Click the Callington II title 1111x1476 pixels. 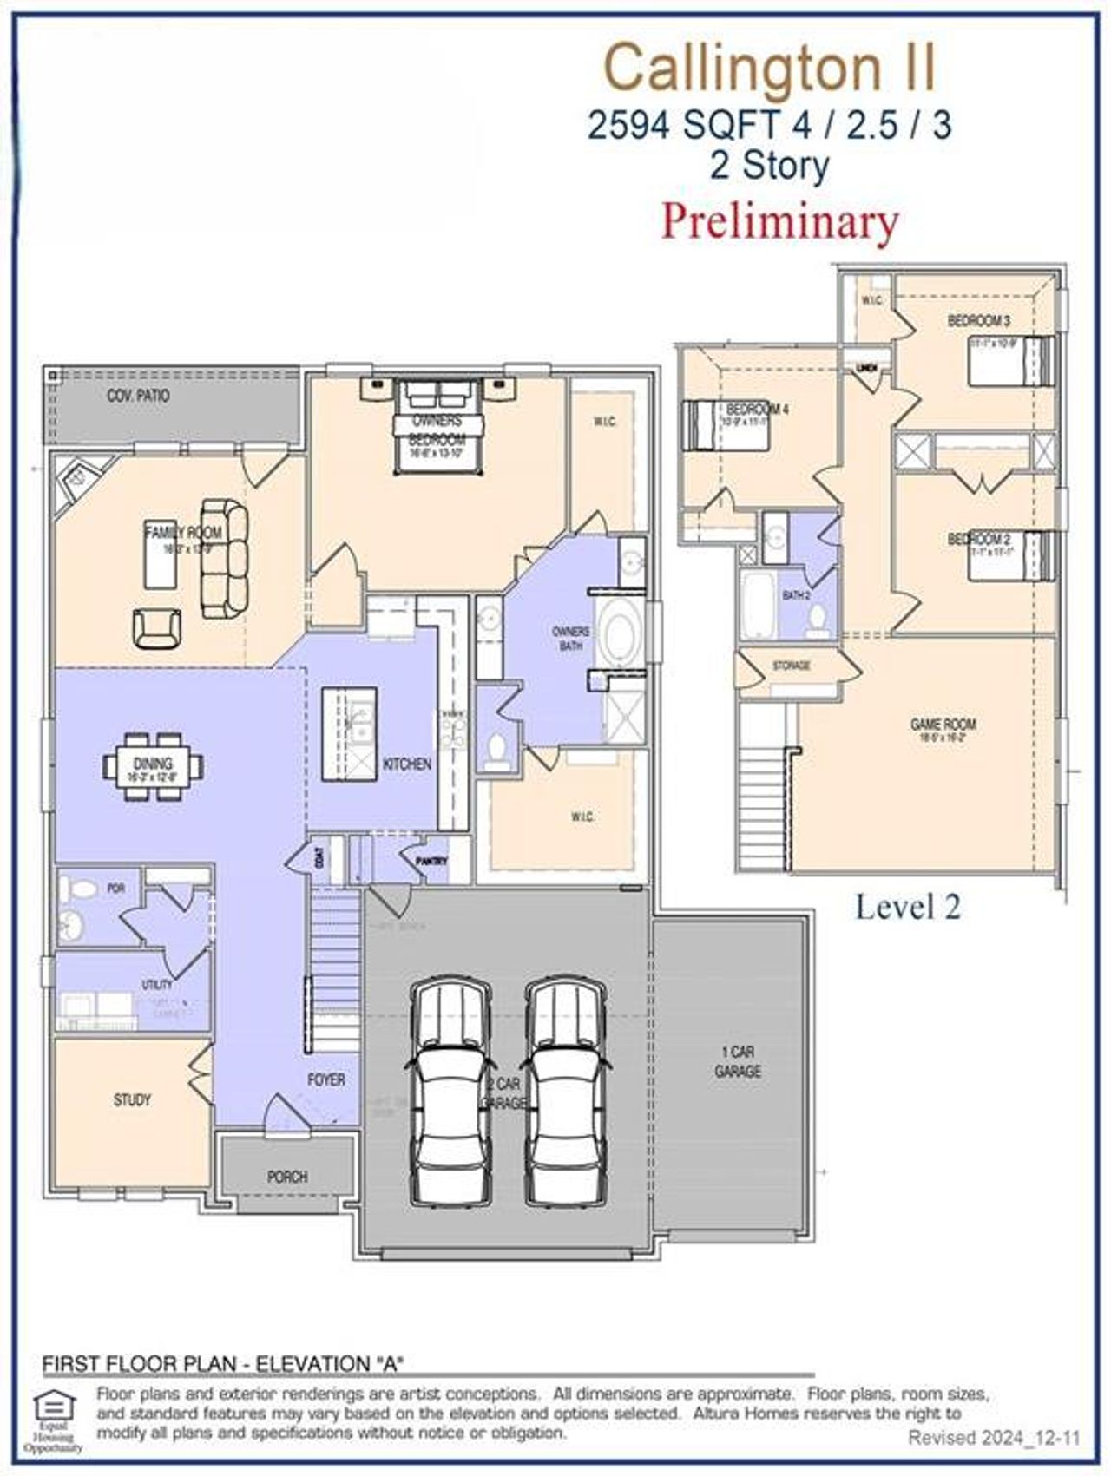(770, 69)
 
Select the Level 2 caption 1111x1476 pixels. (907, 907)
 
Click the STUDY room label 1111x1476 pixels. (132, 1100)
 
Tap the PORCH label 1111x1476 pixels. (287, 1177)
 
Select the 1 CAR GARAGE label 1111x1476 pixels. (737, 1062)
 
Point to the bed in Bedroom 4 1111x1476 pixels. (726, 425)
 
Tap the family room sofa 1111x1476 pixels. (225, 559)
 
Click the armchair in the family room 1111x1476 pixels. (158, 626)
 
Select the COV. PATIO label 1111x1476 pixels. (138, 396)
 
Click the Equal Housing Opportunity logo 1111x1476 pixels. (53, 1421)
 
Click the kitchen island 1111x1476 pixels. (349, 733)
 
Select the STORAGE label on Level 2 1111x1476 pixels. (791, 666)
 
